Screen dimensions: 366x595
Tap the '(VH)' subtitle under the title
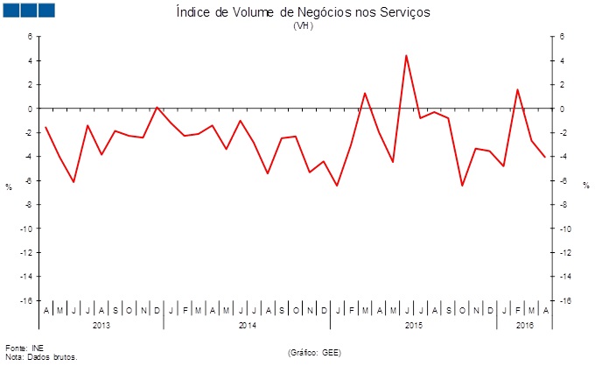click(x=303, y=25)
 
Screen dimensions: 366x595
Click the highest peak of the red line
click(x=406, y=55)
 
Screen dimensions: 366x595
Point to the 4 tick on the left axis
click(x=29, y=60)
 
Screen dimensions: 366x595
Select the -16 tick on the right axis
click(x=566, y=300)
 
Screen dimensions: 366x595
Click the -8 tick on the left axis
click(x=27, y=205)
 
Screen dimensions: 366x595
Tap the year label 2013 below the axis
click(x=101, y=326)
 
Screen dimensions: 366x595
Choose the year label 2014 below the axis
click(x=247, y=326)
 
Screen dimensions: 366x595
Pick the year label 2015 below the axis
click(x=414, y=326)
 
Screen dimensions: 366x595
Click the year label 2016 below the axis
click(x=525, y=326)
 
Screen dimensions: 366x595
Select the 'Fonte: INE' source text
click(x=24, y=348)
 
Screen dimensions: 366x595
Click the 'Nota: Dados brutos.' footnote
click(x=41, y=357)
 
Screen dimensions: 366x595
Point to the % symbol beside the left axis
click(x=9, y=187)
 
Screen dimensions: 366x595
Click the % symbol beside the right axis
click(x=586, y=187)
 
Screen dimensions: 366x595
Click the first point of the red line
click(x=45, y=127)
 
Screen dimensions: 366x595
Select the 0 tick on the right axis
click(x=563, y=109)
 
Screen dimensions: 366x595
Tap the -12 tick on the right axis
click(x=566, y=252)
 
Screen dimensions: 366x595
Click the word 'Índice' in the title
click(x=190, y=12)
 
